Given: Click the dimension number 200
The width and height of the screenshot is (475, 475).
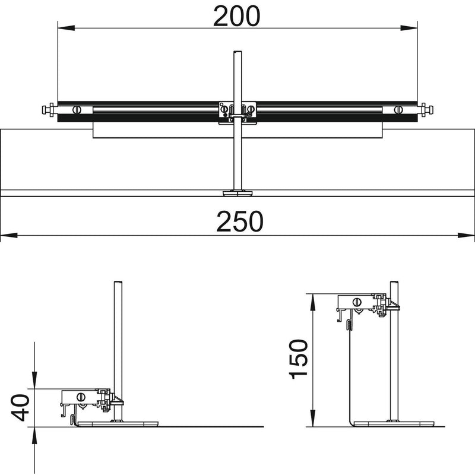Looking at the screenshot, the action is (236, 17).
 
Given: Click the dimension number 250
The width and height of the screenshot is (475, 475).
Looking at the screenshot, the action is (240, 221).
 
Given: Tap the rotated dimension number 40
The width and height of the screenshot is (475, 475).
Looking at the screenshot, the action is (20, 408).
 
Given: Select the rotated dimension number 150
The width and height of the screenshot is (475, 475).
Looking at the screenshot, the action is (299, 359).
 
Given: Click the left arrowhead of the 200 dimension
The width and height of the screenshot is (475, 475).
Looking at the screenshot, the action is (66, 28).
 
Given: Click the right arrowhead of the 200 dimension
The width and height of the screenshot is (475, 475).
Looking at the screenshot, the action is (408, 28).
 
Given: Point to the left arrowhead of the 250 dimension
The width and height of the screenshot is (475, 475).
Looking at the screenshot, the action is (9, 235).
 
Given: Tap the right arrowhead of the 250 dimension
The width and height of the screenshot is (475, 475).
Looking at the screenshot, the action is (466, 235).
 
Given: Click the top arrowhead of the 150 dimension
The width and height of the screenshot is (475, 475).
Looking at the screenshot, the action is (312, 302).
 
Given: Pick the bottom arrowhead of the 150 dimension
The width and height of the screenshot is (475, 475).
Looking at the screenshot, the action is (312, 418).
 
